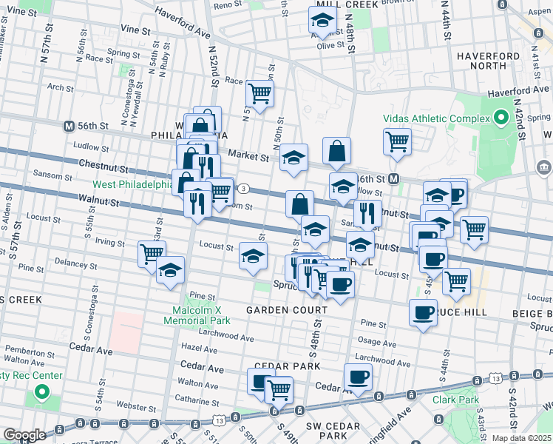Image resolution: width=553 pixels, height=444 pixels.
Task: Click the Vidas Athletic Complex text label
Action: (x=436, y=118)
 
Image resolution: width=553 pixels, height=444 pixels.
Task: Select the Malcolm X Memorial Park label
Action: (x=197, y=314)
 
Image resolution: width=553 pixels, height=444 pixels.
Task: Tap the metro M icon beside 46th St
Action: (x=395, y=179)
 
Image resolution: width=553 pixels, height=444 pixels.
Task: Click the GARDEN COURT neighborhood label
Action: (x=287, y=310)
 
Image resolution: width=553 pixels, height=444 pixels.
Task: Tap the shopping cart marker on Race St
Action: (x=259, y=94)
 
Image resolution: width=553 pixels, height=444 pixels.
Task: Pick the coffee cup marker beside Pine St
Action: (x=424, y=314)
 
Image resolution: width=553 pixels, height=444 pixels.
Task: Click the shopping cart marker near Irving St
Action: (x=152, y=254)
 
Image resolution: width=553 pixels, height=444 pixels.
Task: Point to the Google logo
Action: (x=24, y=435)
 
